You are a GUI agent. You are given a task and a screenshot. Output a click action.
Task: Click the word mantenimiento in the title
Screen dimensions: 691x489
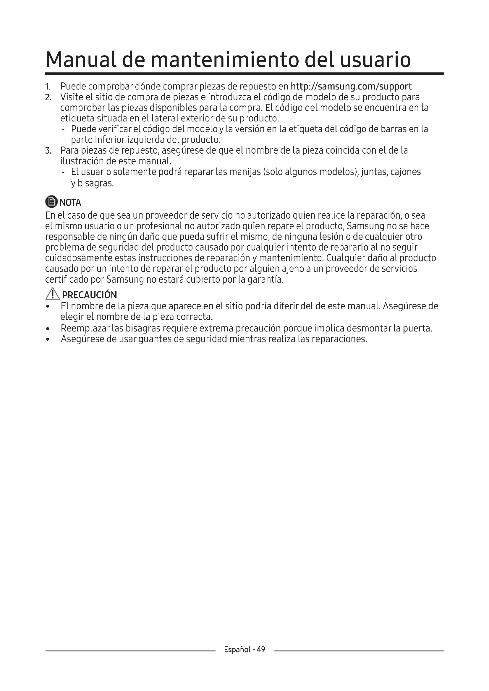(224, 60)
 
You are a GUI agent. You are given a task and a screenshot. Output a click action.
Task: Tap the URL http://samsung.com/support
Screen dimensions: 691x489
(351, 86)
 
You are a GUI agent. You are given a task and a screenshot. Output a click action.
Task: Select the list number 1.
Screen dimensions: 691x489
(47, 87)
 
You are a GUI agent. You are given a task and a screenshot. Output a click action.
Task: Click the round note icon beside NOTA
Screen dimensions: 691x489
(51, 202)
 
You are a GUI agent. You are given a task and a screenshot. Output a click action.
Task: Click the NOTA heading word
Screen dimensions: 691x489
(70, 203)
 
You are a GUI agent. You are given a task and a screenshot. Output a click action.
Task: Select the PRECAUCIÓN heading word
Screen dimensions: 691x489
(89, 295)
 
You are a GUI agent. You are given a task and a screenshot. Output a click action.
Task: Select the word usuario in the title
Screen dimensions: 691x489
(375, 60)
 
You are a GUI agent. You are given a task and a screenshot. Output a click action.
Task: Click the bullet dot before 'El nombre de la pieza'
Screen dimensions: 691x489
(47, 307)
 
